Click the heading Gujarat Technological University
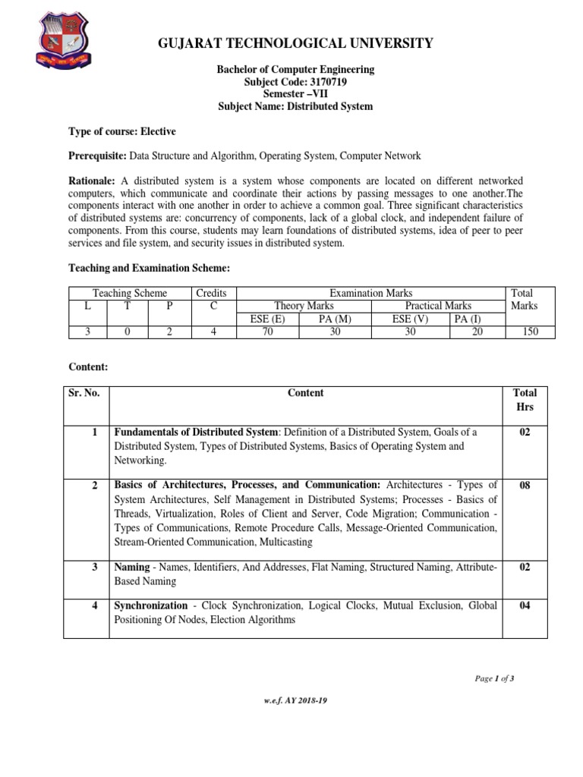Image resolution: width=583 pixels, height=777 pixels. [x=295, y=43]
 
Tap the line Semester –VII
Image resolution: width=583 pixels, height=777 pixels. [x=295, y=94]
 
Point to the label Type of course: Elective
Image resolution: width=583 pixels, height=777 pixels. [x=122, y=131]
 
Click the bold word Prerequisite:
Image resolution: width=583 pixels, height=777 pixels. [x=97, y=156]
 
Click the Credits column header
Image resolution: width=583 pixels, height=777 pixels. [x=211, y=293]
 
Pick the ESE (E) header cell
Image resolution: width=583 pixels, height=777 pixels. [x=267, y=319]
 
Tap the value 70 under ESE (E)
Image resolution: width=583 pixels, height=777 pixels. [x=267, y=332]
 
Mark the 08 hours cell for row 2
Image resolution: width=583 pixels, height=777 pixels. [x=525, y=486]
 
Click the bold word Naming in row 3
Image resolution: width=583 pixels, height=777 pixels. [x=131, y=567]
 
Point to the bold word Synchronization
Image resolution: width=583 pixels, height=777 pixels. [x=150, y=606]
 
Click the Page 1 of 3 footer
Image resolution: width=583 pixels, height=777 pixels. [x=494, y=678]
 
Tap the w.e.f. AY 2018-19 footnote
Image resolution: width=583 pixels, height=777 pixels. [x=295, y=702]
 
